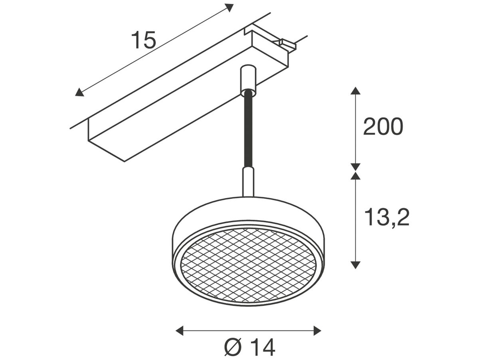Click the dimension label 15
coord(143,40)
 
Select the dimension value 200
coord(383,127)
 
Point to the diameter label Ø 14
coord(249,347)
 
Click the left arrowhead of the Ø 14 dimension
coord(180,330)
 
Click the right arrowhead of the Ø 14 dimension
coord(317,330)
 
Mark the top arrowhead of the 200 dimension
coord(355,90)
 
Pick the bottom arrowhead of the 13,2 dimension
coord(355,264)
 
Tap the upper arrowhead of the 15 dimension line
coord(229,7)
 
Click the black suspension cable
coord(248,128)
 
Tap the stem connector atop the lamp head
coord(248,182)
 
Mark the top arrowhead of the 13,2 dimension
coord(355,176)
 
